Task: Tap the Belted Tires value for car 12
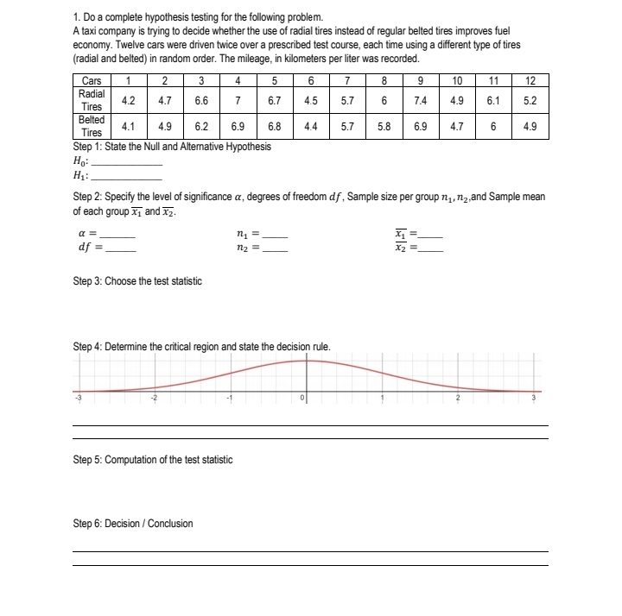(530, 126)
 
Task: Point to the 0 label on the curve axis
(302, 399)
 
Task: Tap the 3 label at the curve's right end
(533, 399)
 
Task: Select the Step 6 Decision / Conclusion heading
(133, 524)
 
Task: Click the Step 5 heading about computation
(152, 460)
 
